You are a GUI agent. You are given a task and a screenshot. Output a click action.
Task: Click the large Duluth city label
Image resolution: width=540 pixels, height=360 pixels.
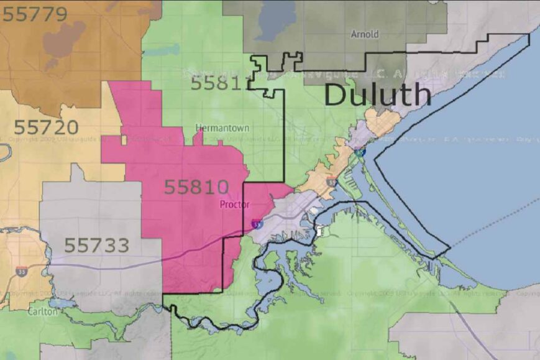378,95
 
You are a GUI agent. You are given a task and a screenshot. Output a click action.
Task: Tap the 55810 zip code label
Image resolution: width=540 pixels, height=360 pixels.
196,187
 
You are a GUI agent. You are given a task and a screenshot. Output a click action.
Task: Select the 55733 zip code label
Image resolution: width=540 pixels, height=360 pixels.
96,245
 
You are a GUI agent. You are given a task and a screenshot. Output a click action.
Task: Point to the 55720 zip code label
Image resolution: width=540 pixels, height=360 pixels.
46,127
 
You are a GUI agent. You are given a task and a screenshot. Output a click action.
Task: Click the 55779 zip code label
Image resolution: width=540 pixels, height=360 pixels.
35,14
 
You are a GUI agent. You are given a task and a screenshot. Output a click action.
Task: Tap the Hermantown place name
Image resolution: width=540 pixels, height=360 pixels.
222,127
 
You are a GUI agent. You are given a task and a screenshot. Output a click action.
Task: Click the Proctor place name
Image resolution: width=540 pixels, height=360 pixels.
234,205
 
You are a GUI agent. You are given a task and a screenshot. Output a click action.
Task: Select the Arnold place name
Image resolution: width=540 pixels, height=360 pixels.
364,34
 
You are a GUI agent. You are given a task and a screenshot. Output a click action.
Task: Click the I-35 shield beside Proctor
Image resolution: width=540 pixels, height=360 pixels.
257,223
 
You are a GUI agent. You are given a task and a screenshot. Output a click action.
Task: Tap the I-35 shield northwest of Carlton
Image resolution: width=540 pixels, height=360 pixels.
22,271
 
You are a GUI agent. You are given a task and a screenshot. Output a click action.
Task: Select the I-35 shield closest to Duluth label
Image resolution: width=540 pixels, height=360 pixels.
362,150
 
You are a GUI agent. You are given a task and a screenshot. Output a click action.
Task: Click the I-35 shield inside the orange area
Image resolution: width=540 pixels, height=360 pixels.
332,182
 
